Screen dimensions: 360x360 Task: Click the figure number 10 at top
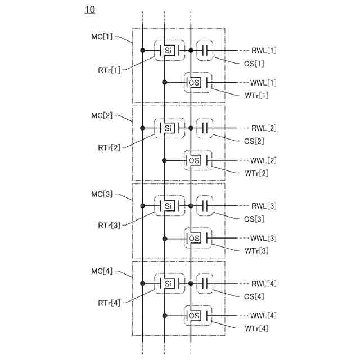click(90, 10)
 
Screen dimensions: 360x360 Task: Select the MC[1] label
click(102, 37)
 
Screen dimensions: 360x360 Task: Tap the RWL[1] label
click(264, 51)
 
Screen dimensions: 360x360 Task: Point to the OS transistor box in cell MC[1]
click(194, 83)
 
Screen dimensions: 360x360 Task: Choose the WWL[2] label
click(263, 160)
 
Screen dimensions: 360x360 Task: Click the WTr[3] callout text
click(256, 250)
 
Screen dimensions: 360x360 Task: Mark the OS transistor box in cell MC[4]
click(194, 315)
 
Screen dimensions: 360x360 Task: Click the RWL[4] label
click(264, 283)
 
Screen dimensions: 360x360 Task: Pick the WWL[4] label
click(263, 316)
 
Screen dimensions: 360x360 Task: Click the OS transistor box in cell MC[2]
click(194, 160)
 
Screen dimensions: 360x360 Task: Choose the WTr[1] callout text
click(256, 95)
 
